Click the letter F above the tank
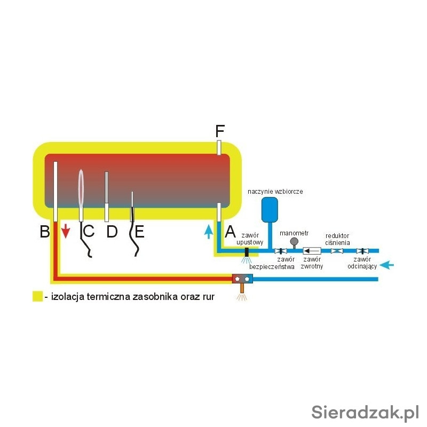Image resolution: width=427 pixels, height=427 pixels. tap(219, 131)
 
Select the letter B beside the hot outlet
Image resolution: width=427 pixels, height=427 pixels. tap(45, 232)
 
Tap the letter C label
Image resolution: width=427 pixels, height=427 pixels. tap(89, 232)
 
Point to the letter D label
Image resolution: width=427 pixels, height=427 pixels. tap(112, 232)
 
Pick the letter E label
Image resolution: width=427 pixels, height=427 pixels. tap(139, 232)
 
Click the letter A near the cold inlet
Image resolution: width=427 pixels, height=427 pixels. tap(230, 232)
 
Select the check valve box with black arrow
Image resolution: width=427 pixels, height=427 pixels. tap(311, 250)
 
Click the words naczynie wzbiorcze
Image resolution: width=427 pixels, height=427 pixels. tap(275, 191)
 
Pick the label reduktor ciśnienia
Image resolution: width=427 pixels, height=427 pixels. tap(338, 239)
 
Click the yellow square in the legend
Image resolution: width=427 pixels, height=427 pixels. tap(37, 296)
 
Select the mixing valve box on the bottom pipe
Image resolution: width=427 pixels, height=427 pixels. tap(242, 278)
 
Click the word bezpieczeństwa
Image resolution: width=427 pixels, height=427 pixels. tap(272, 266)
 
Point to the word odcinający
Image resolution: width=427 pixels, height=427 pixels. tap(362, 265)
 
